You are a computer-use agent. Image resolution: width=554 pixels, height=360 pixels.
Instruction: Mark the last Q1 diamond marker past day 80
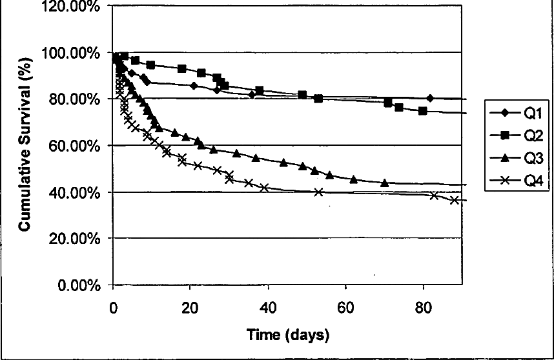pyautogui.click(x=430, y=98)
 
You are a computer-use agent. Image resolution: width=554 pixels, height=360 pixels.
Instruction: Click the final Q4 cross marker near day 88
pyautogui.click(x=455, y=200)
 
